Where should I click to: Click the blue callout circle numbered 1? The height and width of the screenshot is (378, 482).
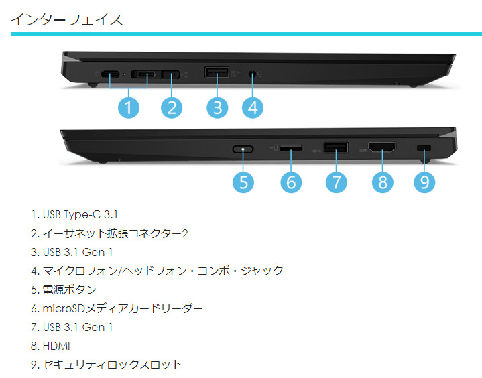point(129,107)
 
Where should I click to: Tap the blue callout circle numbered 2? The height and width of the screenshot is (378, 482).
point(172,107)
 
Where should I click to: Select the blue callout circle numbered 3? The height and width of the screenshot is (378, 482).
point(217,107)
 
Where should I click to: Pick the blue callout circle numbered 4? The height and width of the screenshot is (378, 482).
point(253,107)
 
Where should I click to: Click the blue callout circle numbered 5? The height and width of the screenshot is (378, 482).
point(243,182)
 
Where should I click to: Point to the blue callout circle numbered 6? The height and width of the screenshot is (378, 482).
point(291,182)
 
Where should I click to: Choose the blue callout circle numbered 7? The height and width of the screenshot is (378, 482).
point(337,182)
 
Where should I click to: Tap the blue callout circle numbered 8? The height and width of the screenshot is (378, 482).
point(382,182)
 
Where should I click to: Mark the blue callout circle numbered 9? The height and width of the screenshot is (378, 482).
point(424,182)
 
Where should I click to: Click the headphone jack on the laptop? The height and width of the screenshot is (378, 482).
point(252,74)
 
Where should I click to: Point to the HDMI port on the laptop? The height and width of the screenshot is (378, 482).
point(382,147)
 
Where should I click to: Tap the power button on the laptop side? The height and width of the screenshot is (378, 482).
point(243,149)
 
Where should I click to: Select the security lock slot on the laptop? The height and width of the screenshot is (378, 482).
point(424,148)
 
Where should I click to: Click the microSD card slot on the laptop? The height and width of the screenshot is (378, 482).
point(291,148)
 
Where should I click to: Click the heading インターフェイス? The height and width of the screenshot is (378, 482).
point(67,19)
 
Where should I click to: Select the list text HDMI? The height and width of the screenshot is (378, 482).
point(56,346)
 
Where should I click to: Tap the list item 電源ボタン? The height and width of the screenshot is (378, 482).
point(69,290)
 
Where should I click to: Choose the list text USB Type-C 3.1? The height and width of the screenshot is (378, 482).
point(80,214)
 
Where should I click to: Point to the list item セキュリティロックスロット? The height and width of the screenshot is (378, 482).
point(112,365)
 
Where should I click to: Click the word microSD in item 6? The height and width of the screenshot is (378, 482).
point(63,308)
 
